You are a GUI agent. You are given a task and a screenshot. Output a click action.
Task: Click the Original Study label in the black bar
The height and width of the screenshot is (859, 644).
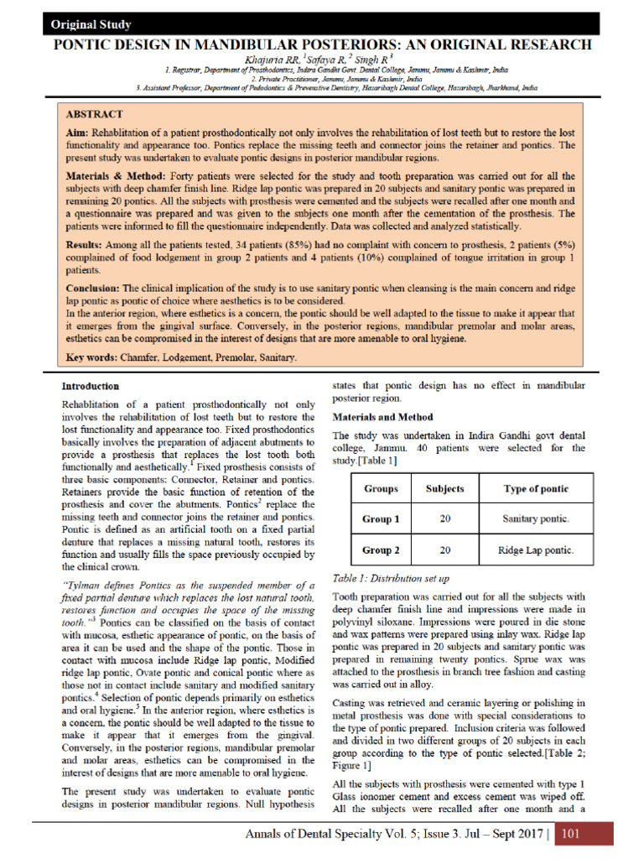pos(91,24)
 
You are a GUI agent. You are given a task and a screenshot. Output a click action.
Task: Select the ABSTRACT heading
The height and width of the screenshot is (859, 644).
pos(94,114)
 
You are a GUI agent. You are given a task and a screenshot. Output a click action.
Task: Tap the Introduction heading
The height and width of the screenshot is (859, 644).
pos(91,387)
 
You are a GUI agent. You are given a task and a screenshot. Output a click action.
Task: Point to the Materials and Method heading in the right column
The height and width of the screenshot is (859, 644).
pos(382,417)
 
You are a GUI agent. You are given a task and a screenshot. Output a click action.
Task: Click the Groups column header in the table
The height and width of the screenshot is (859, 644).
pos(381,488)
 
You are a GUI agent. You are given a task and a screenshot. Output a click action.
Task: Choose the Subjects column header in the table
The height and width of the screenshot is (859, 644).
pos(444,488)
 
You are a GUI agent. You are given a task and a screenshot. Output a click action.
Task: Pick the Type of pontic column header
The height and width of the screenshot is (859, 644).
pos(535,488)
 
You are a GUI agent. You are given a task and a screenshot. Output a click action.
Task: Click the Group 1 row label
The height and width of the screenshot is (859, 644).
pos(381,519)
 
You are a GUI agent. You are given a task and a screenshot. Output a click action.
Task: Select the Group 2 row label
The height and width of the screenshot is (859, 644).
pos(381,550)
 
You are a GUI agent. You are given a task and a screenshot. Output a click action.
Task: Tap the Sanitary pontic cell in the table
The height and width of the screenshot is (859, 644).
pos(535,519)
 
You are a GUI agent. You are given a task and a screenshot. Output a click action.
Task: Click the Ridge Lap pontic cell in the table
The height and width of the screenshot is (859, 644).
pos(535,550)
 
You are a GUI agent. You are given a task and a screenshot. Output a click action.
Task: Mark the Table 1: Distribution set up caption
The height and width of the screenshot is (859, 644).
pos(391,578)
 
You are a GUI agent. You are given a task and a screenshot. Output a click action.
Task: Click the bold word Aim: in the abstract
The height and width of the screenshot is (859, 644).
pos(77,133)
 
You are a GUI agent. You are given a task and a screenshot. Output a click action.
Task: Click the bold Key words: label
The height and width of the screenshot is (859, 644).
pos(91,357)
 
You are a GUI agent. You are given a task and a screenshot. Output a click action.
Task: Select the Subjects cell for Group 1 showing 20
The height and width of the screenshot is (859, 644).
pos(444,519)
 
